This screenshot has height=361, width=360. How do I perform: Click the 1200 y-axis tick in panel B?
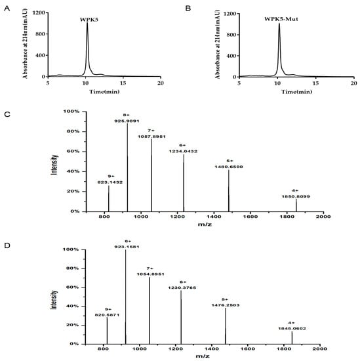click(228, 12)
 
